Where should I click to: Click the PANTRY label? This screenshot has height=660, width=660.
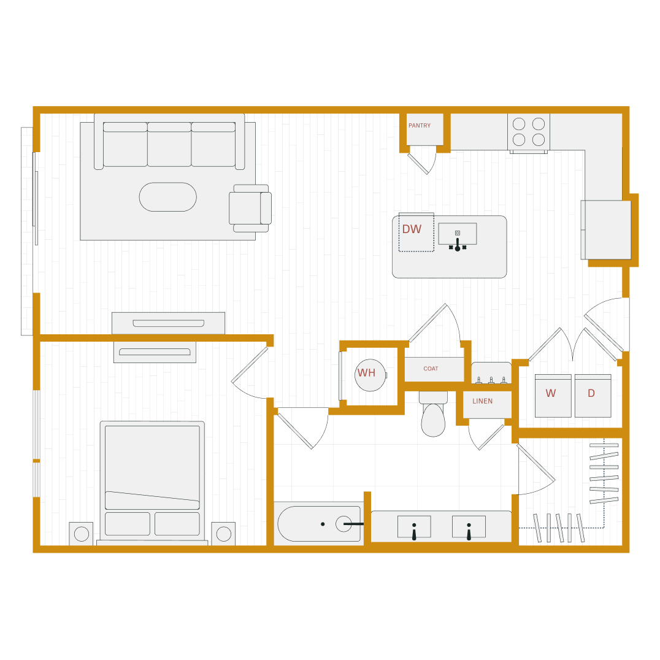[420, 126]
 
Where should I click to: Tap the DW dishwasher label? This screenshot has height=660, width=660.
[412, 229]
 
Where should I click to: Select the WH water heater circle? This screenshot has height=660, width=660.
[370, 375]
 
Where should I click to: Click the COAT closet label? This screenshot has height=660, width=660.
[431, 369]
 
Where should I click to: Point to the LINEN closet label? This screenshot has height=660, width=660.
[482, 401]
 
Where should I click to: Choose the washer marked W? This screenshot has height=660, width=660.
[552, 395]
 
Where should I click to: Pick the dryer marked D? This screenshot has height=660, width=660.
[592, 395]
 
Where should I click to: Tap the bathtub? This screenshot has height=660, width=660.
[318, 524]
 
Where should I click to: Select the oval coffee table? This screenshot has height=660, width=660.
[167, 197]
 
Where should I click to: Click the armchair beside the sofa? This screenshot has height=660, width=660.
[250, 208]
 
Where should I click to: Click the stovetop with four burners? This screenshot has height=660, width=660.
[529, 132]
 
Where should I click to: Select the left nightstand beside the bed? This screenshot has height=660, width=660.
[81, 534]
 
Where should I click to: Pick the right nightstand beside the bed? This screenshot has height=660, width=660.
[223, 534]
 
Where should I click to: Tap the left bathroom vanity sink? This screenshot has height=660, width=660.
[414, 527]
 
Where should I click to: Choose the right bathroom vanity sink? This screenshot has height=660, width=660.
[469, 527]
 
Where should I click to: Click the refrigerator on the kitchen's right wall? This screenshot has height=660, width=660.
[607, 230]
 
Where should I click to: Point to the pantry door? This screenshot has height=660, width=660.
[418, 164]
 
